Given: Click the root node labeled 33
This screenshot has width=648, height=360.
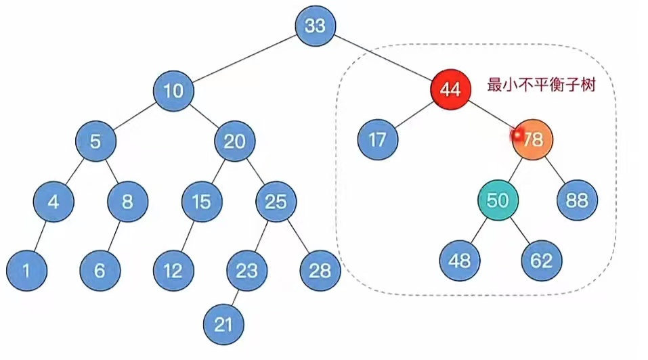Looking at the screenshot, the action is pyautogui.click(x=316, y=26).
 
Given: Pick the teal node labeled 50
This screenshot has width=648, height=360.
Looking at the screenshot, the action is pyautogui.click(x=498, y=200).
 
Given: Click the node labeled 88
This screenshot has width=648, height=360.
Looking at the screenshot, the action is pyautogui.click(x=578, y=200).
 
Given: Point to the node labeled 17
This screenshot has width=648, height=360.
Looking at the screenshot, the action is pyautogui.click(x=378, y=140).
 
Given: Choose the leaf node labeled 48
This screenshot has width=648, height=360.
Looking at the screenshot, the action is pyautogui.click(x=460, y=261).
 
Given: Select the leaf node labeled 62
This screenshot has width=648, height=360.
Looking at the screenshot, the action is pyautogui.click(x=542, y=261).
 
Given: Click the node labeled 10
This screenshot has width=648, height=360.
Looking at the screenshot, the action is pyautogui.click(x=174, y=90).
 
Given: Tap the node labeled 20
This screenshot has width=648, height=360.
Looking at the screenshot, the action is pyautogui.click(x=234, y=141).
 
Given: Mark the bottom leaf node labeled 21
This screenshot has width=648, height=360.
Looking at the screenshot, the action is pyautogui.click(x=223, y=324).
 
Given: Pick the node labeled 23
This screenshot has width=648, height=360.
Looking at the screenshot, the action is pyautogui.click(x=246, y=270).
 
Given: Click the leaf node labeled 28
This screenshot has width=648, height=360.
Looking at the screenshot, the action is pyautogui.click(x=320, y=270).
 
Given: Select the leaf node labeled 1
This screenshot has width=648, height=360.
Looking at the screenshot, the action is pyautogui.click(x=26, y=270).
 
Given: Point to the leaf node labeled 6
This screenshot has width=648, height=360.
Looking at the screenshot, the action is pyautogui.click(x=100, y=270).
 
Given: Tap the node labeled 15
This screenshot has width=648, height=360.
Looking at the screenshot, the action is pyautogui.click(x=202, y=201).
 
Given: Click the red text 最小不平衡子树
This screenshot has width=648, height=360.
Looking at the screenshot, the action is pyautogui.click(x=541, y=86).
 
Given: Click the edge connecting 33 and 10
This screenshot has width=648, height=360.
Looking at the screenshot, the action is pyautogui.click(x=244, y=58).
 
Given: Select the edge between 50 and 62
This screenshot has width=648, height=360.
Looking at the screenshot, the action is pyautogui.click(x=520, y=231).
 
